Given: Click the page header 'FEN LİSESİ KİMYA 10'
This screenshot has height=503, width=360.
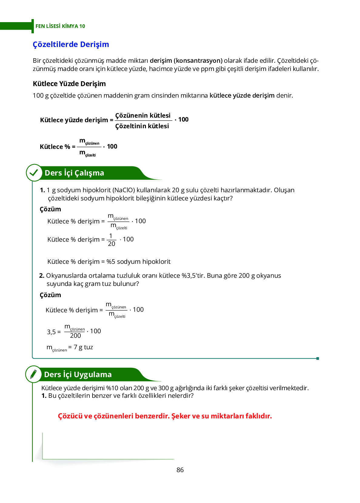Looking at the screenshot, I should pyautogui.click(x=60, y=26).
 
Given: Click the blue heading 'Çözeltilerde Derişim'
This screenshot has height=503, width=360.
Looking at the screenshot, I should pyautogui.click(x=71, y=44).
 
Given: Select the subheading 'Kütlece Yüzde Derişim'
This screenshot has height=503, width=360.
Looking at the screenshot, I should pyautogui.click(x=69, y=84).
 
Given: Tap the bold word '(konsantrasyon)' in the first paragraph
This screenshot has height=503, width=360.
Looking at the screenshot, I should pyautogui.click(x=198, y=60).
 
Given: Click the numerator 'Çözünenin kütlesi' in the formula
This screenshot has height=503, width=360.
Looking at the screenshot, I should pyautogui.click(x=143, y=116).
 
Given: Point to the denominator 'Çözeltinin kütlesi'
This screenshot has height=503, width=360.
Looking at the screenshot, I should pyautogui.click(x=142, y=126).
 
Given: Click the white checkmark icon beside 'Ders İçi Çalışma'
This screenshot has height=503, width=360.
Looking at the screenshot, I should pyautogui.click(x=34, y=173).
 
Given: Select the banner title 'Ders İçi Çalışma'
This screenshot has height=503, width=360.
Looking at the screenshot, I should pyautogui.click(x=74, y=173).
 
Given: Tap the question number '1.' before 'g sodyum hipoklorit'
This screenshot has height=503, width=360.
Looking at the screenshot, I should pyautogui.click(x=42, y=190).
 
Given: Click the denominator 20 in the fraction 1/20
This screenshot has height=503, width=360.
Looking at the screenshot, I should pyautogui.click(x=112, y=244).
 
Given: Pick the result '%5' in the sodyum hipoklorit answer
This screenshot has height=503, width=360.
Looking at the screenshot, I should pyautogui.click(x=111, y=262).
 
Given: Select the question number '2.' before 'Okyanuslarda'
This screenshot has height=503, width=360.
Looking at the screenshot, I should pyautogui.click(x=42, y=276).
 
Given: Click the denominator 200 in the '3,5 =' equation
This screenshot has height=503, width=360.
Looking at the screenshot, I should pyautogui.click(x=76, y=336).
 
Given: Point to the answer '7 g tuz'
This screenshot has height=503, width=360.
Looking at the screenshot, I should pyautogui.click(x=83, y=347).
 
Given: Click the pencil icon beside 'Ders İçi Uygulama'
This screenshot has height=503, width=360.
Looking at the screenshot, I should pyautogui.click(x=33, y=374).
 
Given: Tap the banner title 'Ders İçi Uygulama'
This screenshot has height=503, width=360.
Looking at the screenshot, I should pyautogui.click(x=78, y=375).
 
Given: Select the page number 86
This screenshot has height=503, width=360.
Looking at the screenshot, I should pyautogui.click(x=180, y=470).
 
